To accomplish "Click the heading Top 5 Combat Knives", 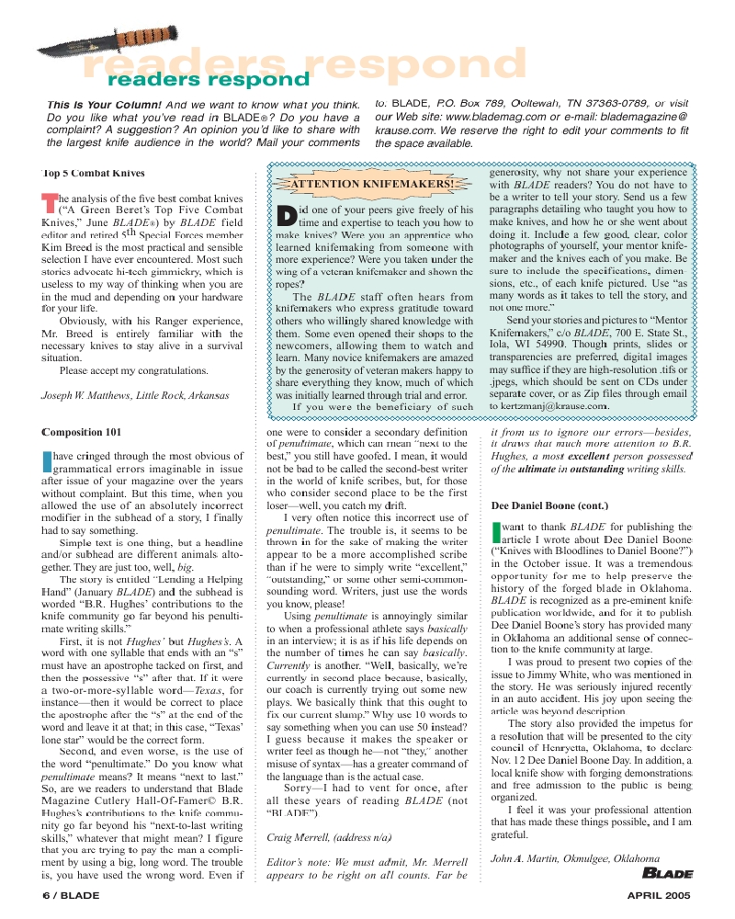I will (x=94, y=173).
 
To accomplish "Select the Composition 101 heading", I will (x=82, y=432).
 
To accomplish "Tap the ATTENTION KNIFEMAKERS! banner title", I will (x=373, y=183).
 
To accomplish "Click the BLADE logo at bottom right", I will (x=661, y=873).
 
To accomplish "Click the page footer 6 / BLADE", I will (x=71, y=895).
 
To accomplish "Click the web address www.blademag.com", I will (x=496, y=118).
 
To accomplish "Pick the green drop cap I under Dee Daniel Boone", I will (x=497, y=532).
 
